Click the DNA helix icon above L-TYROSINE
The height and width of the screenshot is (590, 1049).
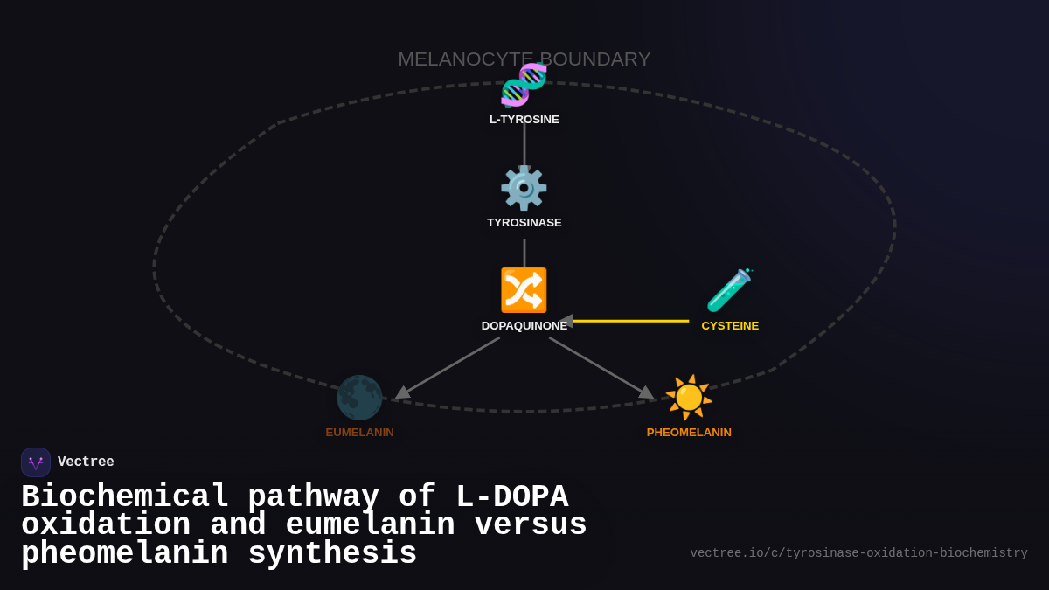pos(524,84)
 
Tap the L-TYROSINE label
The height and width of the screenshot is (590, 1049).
pos(524,120)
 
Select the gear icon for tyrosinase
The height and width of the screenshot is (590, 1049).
pos(524,187)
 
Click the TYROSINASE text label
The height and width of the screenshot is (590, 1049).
pos(524,223)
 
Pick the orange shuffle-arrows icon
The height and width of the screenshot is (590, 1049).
pos(524,290)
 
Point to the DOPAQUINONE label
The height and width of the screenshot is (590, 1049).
pos(524,326)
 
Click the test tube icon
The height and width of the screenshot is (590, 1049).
pos(729,290)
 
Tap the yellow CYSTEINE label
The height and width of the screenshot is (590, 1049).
pos(730,326)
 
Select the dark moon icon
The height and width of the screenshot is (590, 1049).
pos(359,398)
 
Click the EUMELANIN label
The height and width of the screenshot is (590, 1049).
pos(359,433)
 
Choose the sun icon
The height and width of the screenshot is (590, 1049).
pos(689,398)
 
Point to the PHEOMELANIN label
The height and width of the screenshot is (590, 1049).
pos(689,433)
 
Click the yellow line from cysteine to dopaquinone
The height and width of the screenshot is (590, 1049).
pos(629,321)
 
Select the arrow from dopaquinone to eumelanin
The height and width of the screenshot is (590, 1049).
pos(448,368)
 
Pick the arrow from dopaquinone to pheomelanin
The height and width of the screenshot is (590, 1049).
pos(601,368)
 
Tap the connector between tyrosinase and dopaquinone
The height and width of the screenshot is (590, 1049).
pos(524,253)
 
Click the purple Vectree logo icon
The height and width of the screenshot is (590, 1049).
pos(36,462)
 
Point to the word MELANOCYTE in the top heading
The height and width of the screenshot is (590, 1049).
pos(465,59)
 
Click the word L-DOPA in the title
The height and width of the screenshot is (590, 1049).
pos(511,497)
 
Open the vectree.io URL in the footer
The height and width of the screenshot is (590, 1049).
pos(858,553)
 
